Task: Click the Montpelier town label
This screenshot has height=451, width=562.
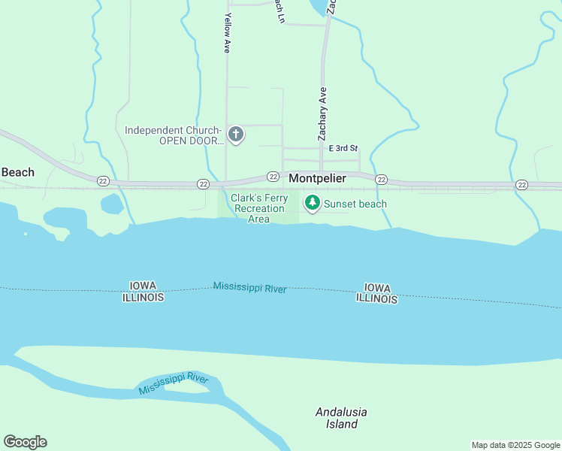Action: tap(317, 179)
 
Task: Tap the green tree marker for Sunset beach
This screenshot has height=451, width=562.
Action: tap(312, 203)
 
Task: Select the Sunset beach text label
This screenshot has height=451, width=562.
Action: tap(355, 204)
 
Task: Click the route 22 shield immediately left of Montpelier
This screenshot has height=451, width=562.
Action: tap(272, 177)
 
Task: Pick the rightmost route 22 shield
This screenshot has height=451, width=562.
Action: tap(521, 184)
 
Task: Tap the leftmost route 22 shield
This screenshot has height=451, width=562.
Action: tap(103, 180)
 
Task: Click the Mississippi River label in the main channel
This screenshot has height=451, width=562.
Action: tap(249, 287)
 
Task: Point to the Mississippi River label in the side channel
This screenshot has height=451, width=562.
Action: tap(173, 383)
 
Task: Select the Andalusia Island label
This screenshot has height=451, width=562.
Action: tap(336, 418)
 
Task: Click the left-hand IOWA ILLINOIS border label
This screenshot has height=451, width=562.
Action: tap(143, 292)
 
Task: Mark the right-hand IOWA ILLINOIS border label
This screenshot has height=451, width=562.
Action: tap(377, 293)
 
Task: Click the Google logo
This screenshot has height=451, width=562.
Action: tap(25, 441)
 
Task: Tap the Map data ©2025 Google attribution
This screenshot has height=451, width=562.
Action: tap(515, 445)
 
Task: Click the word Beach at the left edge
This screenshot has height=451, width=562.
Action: tap(17, 172)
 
